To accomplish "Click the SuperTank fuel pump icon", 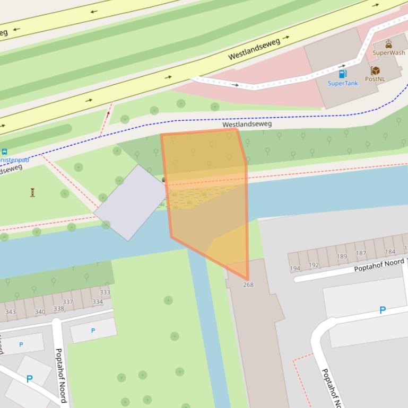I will [x=343, y=74].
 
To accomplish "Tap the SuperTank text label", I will [x=343, y=83].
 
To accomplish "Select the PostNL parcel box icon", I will [x=375, y=70].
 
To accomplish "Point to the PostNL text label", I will [x=375, y=79].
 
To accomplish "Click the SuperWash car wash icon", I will [x=388, y=44].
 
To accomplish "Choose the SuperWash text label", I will [x=388, y=52].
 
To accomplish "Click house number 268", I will [x=248, y=285].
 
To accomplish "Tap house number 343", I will [x=11, y=312].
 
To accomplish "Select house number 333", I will [x=105, y=292].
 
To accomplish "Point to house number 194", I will [x=295, y=269].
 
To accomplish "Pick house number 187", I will [x=361, y=253].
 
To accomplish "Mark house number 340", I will [x=40, y=312].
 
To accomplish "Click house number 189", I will [x=342, y=256].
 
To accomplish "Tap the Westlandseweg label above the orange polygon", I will [x=247, y=124].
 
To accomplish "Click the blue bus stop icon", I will [x=4, y=152].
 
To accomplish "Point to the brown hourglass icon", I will [x=32, y=192].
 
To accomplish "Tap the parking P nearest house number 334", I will [x=93, y=331].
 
